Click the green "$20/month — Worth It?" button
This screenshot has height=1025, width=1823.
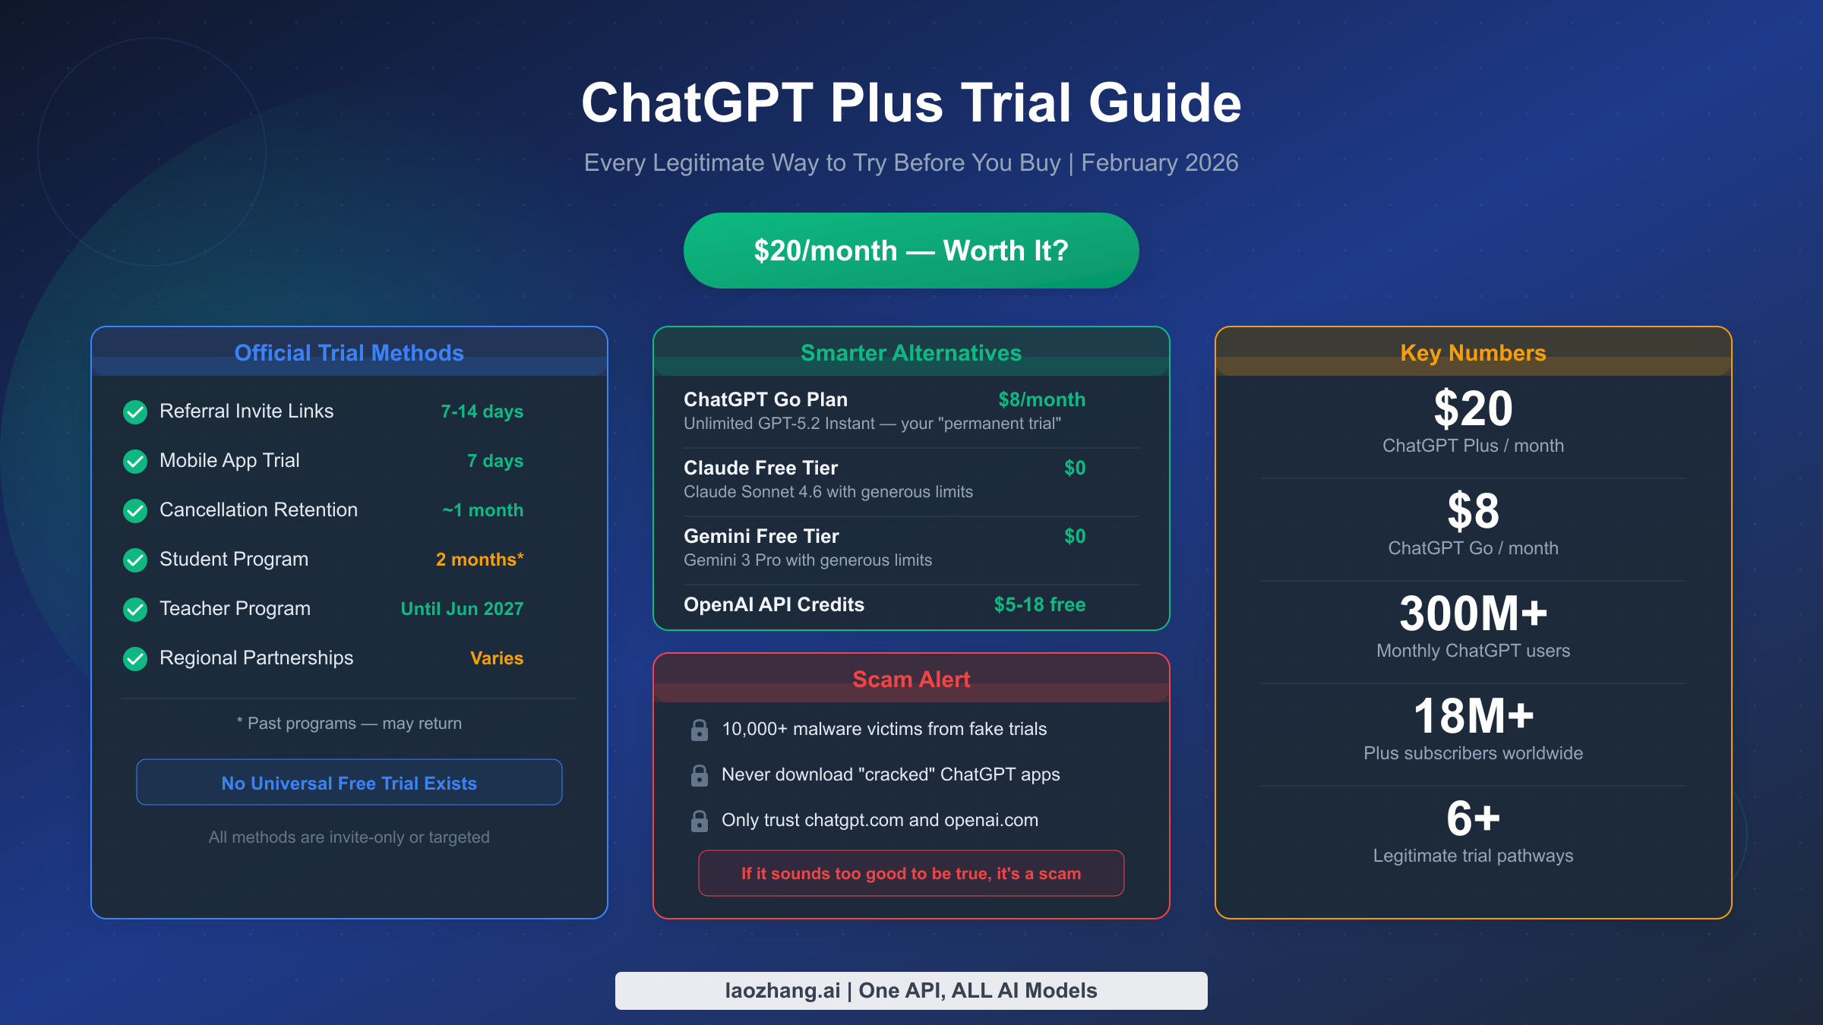point(911,251)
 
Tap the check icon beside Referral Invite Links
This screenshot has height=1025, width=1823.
point(135,412)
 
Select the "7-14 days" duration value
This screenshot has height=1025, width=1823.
point(482,412)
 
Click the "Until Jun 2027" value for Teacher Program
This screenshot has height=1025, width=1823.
point(462,609)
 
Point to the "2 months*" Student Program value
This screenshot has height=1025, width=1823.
point(479,560)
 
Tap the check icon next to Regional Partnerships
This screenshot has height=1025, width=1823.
point(135,658)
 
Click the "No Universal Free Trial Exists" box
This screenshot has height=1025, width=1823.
point(349,783)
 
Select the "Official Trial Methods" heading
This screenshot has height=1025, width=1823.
point(349,353)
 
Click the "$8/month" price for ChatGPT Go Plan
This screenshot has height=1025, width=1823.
point(1041,399)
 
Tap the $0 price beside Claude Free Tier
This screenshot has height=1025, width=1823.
point(1075,468)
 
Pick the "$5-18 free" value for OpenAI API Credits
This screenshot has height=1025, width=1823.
point(1039,604)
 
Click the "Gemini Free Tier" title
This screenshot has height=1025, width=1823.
point(761,536)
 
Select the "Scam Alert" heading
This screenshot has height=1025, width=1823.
point(911,680)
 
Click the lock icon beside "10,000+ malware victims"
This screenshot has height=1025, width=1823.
point(700,730)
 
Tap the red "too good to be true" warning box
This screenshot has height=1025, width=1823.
point(911,873)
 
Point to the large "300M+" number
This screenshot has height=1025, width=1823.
point(1473,613)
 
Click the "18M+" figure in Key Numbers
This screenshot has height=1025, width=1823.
point(1473,716)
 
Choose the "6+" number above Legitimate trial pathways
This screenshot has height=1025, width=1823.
point(1473,818)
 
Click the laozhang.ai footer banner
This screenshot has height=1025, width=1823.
point(911,991)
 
